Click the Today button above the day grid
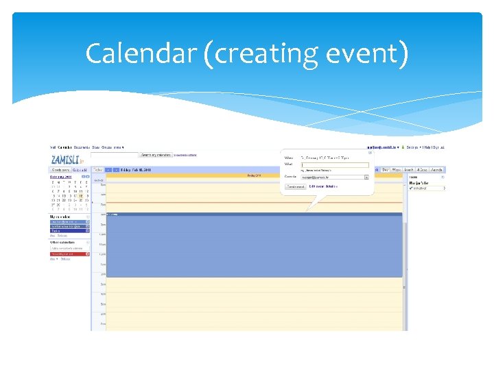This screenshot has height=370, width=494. (97, 169)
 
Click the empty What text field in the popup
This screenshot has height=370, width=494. (335, 164)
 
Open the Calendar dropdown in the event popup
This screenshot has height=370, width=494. (366, 177)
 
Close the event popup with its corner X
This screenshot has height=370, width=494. (369, 152)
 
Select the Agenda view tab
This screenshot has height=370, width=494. (437, 169)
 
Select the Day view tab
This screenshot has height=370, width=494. (386, 169)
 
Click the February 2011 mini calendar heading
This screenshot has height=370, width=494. (61, 176)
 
